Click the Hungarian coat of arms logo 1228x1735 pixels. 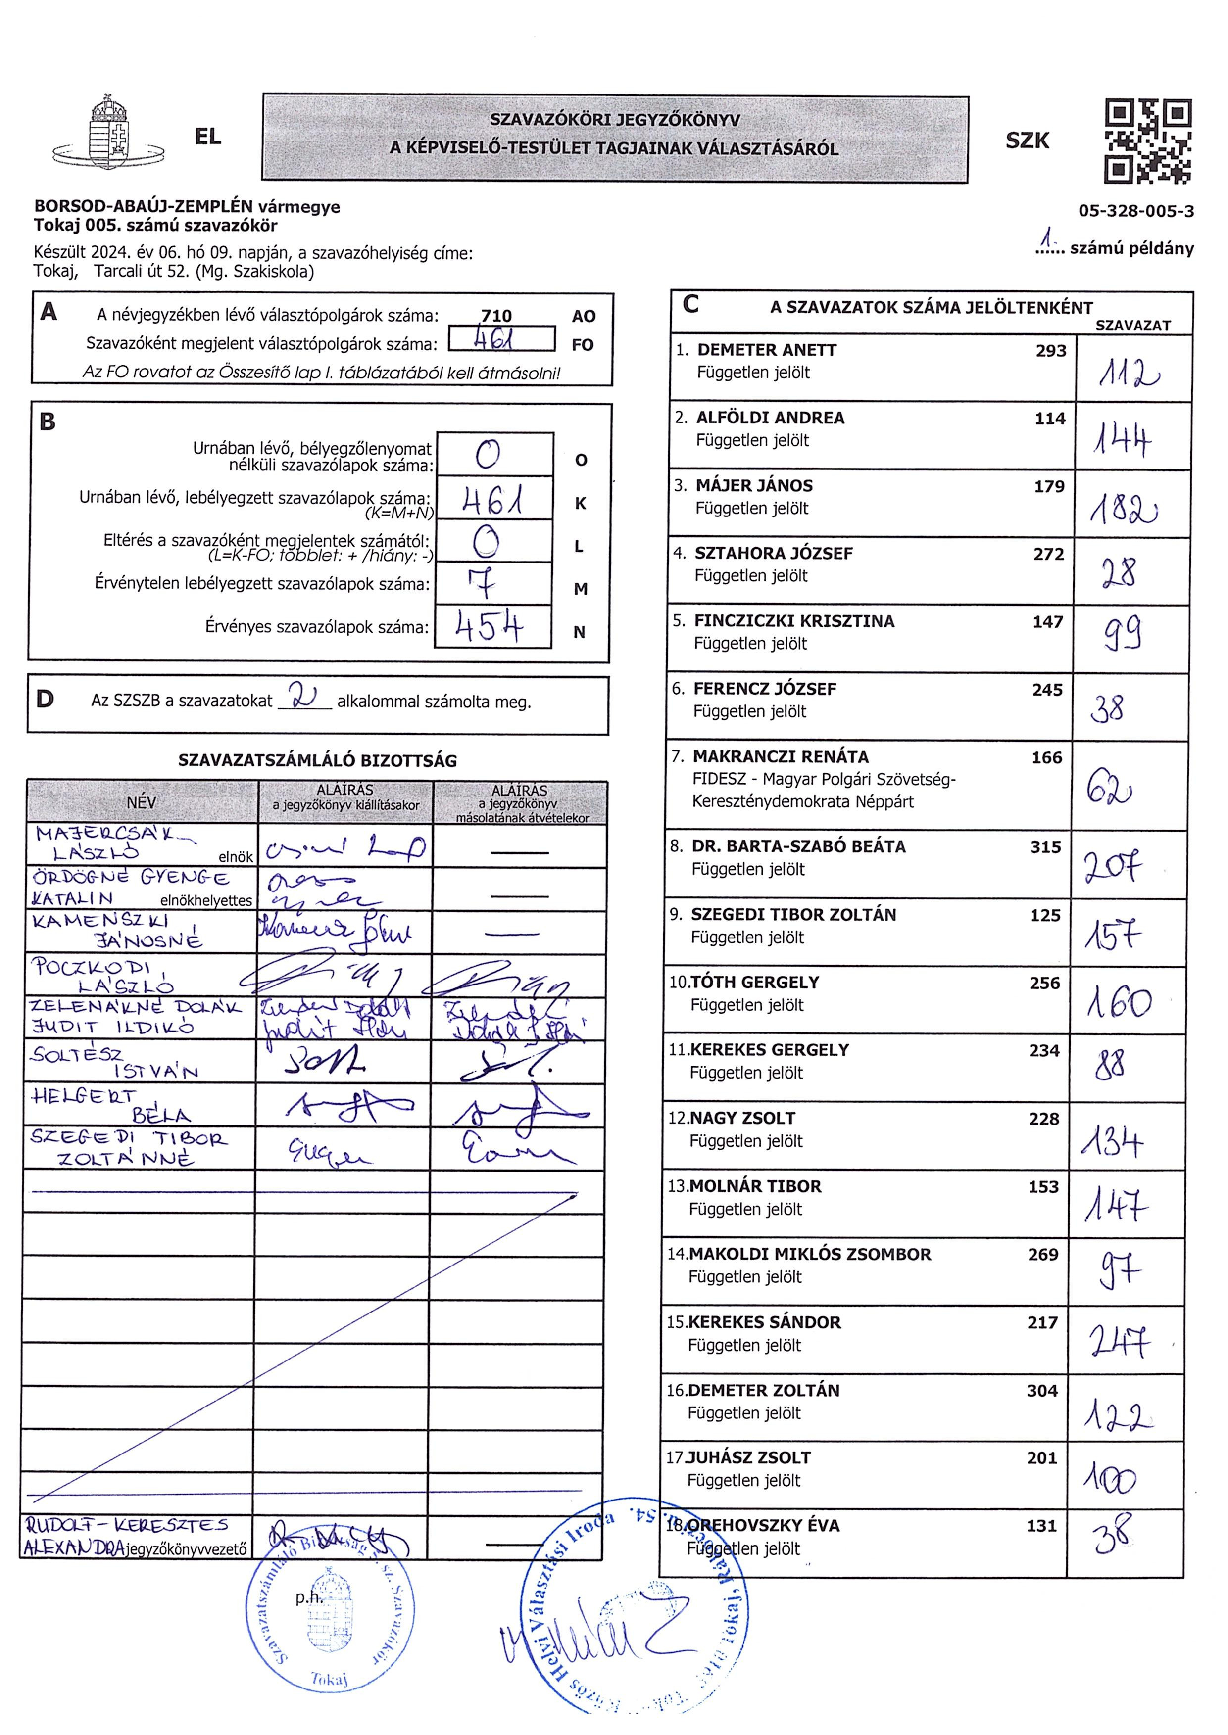point(107,134)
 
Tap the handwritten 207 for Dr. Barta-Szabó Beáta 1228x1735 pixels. point(1112,866)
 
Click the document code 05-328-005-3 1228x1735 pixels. point(1136,211)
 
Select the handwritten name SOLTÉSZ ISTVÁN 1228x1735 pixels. point(113,1062)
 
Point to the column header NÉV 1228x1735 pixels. point(142,802)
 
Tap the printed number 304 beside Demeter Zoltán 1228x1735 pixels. point(1041,1390)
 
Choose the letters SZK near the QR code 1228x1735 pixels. point(1027,141)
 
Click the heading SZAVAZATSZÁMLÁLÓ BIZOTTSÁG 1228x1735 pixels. point(318,761)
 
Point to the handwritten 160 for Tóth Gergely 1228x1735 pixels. point(1119,1003)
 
